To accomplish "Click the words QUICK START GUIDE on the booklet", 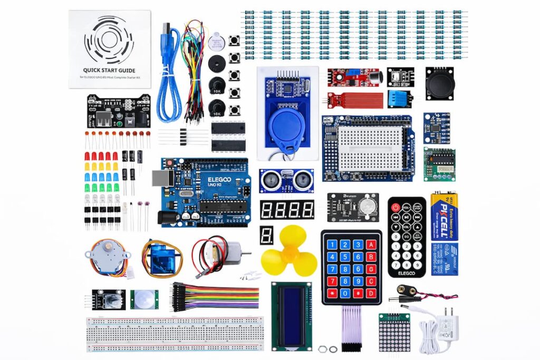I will tap(109, 70).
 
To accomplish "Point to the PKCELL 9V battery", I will tap(444, 216).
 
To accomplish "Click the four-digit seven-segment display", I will tap(287, 210).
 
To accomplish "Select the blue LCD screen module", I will tap(291, 315).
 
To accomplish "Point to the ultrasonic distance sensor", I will tap(286, 181).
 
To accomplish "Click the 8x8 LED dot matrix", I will tap(394, 333).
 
